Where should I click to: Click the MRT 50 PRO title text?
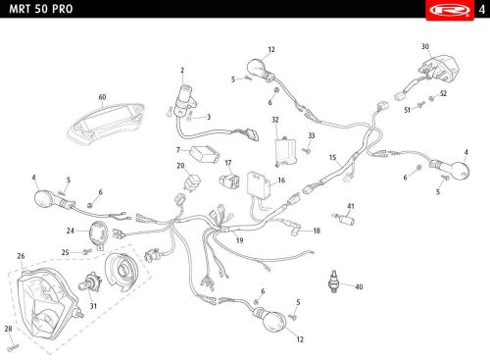(x=41, y=9)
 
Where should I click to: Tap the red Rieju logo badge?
(x=450, y=11)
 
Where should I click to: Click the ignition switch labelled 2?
(x=185, y=100)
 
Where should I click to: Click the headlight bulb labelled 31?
(x=90, y=283)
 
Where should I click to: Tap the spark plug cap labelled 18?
(x=295, y=229)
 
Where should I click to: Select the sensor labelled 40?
(x=334, y=282)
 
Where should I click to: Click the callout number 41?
(x=351, y=206)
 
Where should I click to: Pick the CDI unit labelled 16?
(x=259, y=184)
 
